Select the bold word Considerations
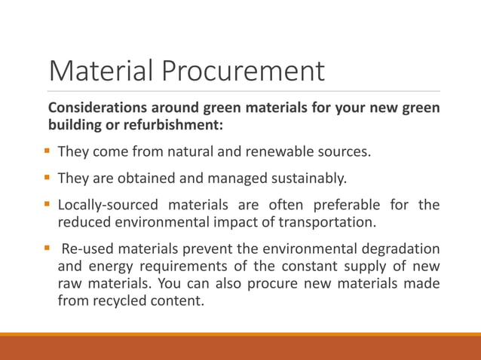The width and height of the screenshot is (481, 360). pyautogui.click(x=97, y=108)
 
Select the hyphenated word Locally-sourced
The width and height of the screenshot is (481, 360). pyautogui.click(x=109, y=205)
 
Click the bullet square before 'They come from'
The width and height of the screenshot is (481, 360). pyautogui.click(x=47, y=151)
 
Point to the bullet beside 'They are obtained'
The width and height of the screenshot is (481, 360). pyautogui.click(x=47, y=178)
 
